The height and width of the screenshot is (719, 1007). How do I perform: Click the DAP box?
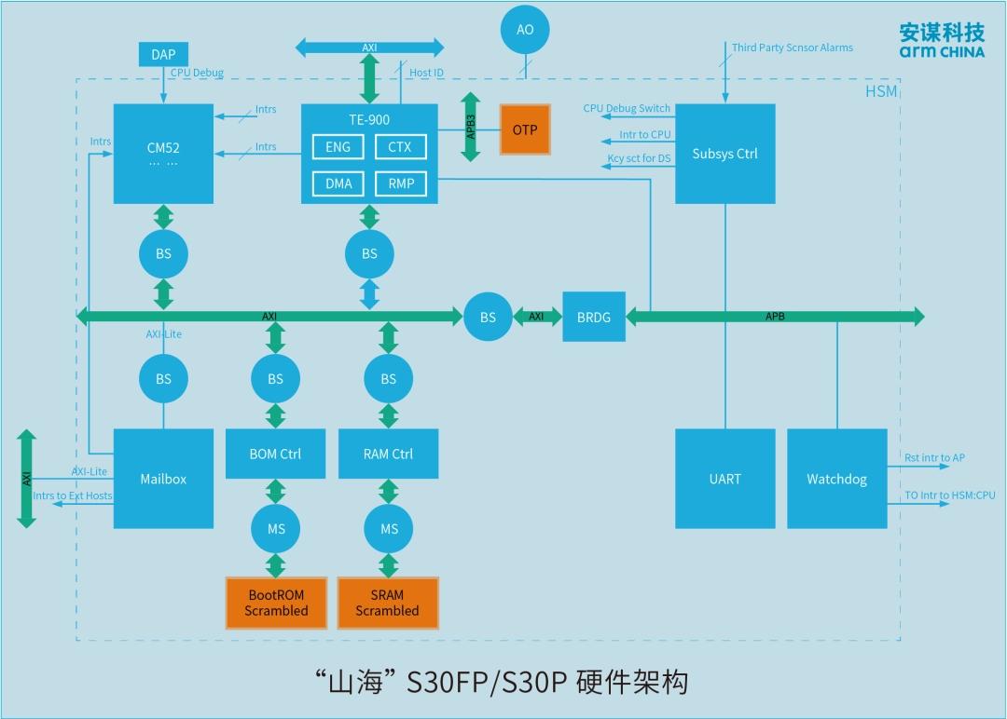(x=163, y=55)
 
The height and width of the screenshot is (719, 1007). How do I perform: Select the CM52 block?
(x=163, y=154)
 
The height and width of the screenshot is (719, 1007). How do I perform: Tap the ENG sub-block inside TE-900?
(x=338, y=147)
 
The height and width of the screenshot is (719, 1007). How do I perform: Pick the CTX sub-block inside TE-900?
(x=401, y=147)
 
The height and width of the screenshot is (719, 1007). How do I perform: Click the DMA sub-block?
(x=338, y=183)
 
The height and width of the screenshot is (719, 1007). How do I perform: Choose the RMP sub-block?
(x=401, y=183)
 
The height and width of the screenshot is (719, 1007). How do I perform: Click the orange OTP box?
(x=525, y=129)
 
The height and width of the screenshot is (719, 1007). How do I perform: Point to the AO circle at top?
(x=525, y=30)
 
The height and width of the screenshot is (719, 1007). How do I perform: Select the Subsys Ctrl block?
(x=724, y=154)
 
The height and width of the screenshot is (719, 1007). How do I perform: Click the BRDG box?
(x=594, y=317)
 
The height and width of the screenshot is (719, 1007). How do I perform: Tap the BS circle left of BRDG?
(x=488, y=317)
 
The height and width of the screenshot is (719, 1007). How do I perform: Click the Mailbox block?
(x=163, y=479)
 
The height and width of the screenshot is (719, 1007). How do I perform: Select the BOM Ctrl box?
(x=275, y=454)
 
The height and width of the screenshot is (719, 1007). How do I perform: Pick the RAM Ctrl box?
(x=388, y=454)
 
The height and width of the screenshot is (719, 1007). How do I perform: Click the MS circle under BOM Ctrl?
(x=276, y=528)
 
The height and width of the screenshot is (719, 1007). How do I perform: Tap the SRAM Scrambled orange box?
(x=387, y=603)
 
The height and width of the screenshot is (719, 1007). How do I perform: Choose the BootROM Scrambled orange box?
(x=276, y=603)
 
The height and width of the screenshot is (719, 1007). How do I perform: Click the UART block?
(x=724, y=479)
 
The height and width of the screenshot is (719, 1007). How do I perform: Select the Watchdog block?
(x=836, y=479)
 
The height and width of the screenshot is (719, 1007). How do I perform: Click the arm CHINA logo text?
(x=941, y=52)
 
